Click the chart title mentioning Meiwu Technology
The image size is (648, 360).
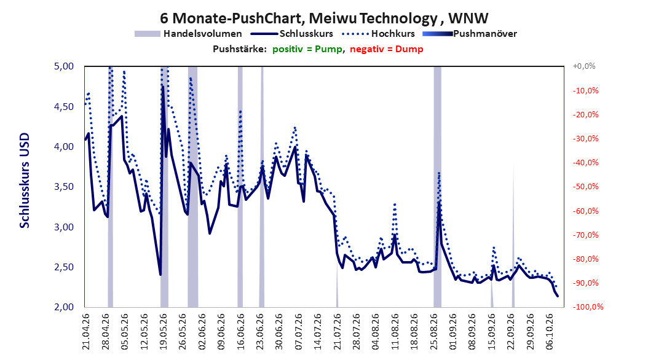click(324, 18)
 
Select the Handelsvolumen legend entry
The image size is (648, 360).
click(189, 34)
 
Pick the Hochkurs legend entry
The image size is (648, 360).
click(377, 34)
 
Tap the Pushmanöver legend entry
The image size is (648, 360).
click(470, 34)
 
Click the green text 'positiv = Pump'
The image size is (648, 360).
click(307, 49)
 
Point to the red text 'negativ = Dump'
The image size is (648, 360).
click(387, 49)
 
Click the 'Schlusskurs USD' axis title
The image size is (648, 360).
click(25, 181)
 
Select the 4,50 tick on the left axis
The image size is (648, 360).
click(64, 106)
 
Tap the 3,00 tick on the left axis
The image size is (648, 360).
click(64, 227)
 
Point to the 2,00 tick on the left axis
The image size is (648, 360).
click(64, 307)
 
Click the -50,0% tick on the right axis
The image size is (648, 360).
click(585, 187)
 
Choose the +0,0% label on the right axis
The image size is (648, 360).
click(584, 66)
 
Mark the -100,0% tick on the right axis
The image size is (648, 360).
click(588, 307)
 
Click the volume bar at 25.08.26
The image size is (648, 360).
click(437, 187)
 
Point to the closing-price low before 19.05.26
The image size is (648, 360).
click(160, 275)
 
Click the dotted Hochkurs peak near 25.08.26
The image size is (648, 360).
click(439, 173)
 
